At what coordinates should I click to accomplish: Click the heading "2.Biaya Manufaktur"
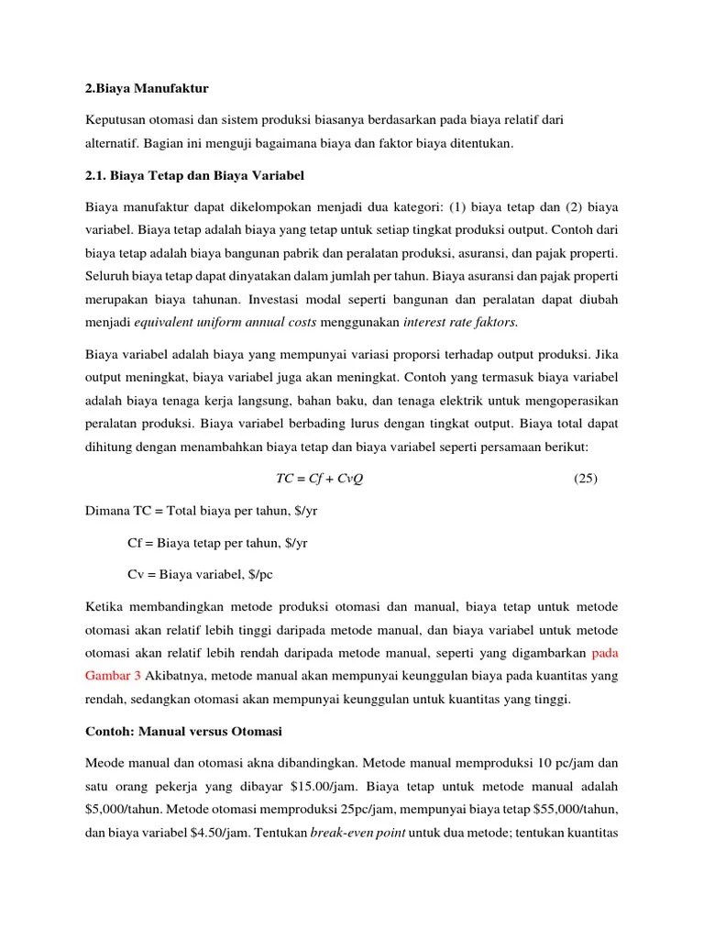click(x=148, y=88)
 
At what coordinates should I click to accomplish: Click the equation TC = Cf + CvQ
click(x=319, y=479)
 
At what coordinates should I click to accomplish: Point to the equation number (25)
click(x=585, y=479)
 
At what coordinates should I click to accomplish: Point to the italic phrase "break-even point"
click(x=352, y=834)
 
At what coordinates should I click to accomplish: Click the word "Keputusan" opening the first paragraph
click(x=117, y=121)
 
